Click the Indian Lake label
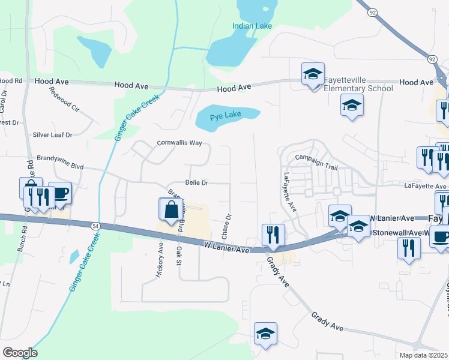click(252, 26)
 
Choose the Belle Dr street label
click(196, 182)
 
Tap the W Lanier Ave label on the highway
click(226, 246)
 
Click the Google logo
click(20, 353)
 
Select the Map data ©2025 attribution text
click(423, 355)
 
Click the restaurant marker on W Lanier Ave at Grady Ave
click(273, 236)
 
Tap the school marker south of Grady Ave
click(266, 334)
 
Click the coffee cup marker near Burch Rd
click(60, 193)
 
